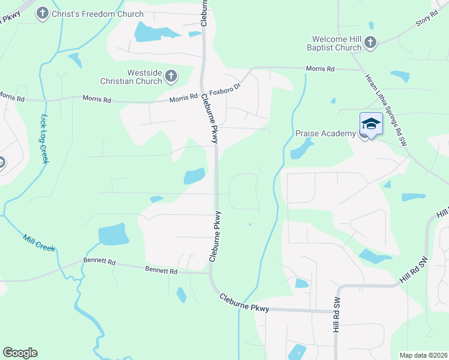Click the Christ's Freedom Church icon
tap(43, 13)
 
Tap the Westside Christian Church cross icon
tap(171, 76)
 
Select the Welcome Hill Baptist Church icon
tap(370, 42)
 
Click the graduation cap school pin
tap(371, 124)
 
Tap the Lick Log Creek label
tap(44, 139)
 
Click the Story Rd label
tap(427, 21)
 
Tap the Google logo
tap(20, 353)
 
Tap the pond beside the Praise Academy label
tap(302, 149)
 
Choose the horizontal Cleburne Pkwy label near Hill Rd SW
tap(244, 302)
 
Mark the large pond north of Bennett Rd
tap(113, 234)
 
